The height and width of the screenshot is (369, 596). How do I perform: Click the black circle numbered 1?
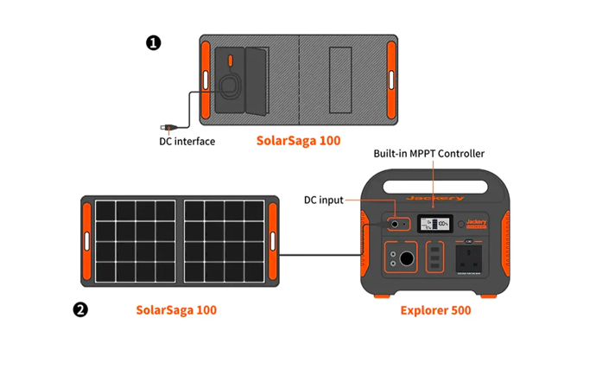point(154,42)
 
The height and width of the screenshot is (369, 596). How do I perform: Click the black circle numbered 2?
point(80,309)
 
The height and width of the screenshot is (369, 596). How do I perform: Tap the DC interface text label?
point(187,141)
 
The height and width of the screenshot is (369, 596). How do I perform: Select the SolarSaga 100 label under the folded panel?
point(298,140)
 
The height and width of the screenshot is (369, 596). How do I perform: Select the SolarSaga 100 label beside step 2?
point(176,309)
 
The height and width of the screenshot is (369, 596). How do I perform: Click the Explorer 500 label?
point(435,309)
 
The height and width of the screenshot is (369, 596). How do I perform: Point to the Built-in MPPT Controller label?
point(428,154)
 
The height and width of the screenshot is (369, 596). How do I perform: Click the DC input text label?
point(323,200)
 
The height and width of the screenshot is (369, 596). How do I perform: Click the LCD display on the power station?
point(434,225)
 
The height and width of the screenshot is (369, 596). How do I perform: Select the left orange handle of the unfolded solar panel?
point(86,242)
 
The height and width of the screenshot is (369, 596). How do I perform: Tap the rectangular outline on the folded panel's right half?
point(339,79)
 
